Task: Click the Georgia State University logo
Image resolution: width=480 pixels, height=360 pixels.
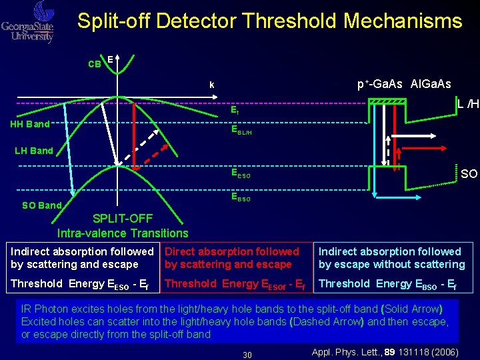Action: [28, 22]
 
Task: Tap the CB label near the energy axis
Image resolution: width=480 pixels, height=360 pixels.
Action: [95, 65]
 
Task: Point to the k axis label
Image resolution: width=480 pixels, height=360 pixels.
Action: [211, 85]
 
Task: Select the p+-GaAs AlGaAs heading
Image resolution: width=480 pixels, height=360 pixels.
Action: [404, 84]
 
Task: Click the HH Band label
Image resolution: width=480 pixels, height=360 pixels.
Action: [29, 124]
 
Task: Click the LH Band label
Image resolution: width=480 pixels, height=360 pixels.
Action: [33, 151]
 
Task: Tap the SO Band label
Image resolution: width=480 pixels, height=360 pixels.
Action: [41, 205]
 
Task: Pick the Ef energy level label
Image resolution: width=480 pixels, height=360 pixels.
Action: [235, 112]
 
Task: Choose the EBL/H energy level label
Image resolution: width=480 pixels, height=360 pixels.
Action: [241, 131]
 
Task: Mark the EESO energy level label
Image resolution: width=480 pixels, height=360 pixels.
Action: [241, 175]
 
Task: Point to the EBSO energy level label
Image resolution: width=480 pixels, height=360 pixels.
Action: [241, 197]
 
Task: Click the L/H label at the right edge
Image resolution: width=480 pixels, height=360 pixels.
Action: [468, 105]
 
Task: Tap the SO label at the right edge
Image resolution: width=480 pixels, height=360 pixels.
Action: [469, 174]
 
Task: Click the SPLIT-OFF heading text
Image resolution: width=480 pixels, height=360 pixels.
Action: [123, 219]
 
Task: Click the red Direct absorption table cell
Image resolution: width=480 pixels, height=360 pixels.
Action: [232, 258]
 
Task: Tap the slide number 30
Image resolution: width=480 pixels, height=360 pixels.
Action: [247, 355]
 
